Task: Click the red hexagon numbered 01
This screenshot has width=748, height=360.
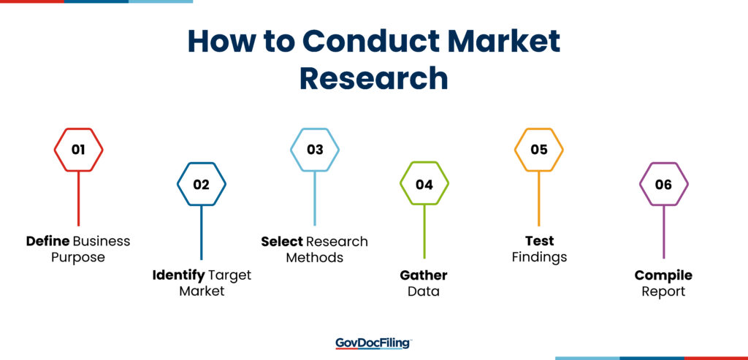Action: (78, 129)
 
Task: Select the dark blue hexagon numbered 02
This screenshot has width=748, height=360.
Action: (202, 164)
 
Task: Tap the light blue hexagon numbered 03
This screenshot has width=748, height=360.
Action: (315, 129)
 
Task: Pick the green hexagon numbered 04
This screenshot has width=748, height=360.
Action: (424, 163)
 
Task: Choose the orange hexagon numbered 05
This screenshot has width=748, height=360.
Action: (539, 129)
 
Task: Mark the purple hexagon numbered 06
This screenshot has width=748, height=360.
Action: (663, 164)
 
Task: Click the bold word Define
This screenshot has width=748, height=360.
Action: (47, 241)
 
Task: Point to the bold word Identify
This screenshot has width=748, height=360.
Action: (178, 276)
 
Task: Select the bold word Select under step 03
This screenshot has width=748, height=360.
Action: (282, 242)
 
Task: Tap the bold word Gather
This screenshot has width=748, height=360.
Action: (424, 275)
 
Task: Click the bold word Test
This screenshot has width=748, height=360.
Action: (540, 241)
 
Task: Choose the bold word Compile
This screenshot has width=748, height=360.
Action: (663, 275)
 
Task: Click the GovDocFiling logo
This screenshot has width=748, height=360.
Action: (373, 343)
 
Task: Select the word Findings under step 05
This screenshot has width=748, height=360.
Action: (540, 258)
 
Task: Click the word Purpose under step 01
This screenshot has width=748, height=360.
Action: (78, 258)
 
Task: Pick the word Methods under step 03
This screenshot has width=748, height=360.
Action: (315, 258)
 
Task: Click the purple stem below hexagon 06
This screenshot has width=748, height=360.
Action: (663, 232)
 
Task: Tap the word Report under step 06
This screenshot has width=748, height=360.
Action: (663, 292)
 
